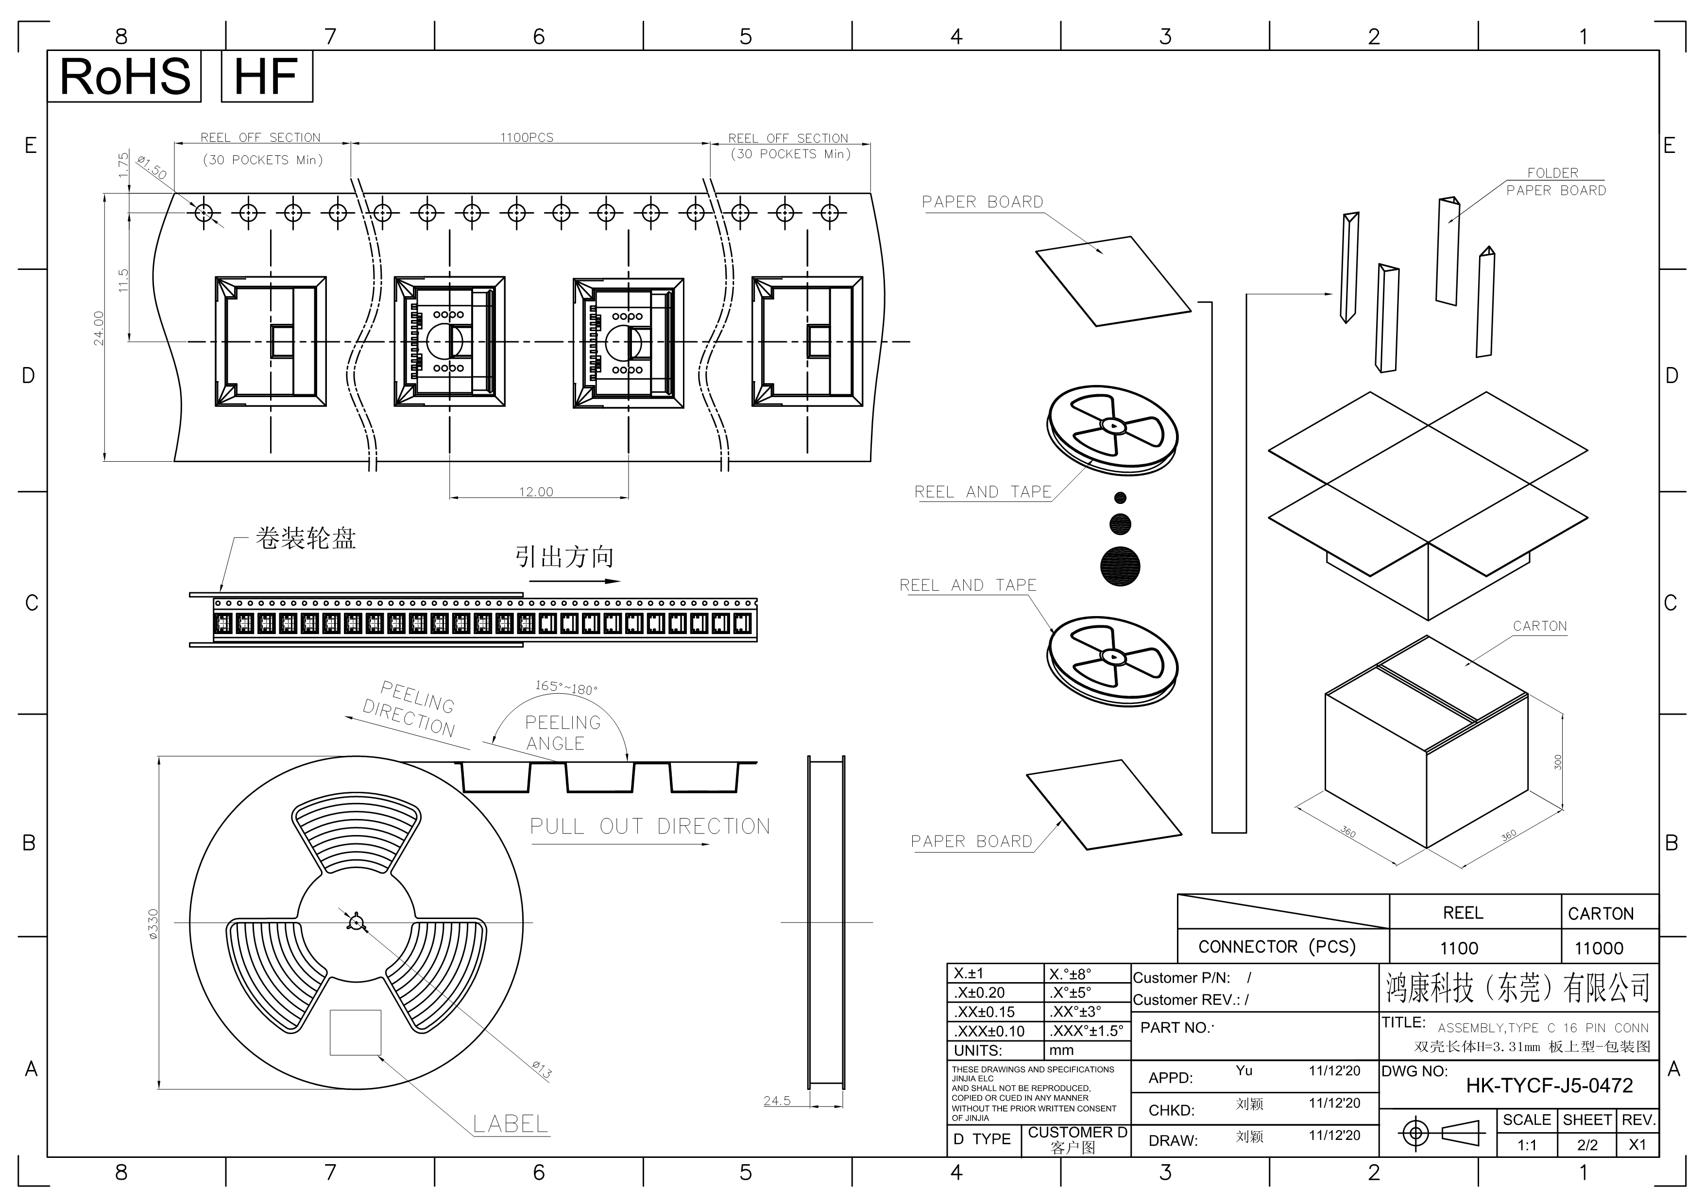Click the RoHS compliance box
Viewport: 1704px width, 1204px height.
124,76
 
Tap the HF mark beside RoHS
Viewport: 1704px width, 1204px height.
267,76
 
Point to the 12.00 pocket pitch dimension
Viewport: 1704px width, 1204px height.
536,492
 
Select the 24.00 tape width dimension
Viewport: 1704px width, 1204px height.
99,328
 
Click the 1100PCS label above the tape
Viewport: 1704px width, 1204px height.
527,137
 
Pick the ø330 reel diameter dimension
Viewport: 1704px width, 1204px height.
153,924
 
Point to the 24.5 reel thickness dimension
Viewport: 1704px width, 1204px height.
777,1101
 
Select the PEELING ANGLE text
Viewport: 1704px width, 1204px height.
562,733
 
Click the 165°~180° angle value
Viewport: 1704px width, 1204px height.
566,687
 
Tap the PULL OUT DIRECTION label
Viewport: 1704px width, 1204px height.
650,826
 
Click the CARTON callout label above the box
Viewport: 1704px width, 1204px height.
1540,626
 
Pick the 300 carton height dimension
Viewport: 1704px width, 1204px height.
1558,762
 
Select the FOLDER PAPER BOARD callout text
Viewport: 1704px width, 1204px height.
1555,182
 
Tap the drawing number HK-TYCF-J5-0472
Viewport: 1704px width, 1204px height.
1550,1086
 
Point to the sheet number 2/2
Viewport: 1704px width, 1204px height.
1587,1145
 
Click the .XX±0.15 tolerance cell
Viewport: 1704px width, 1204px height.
984,1012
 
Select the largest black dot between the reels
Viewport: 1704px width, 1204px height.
1121,567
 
